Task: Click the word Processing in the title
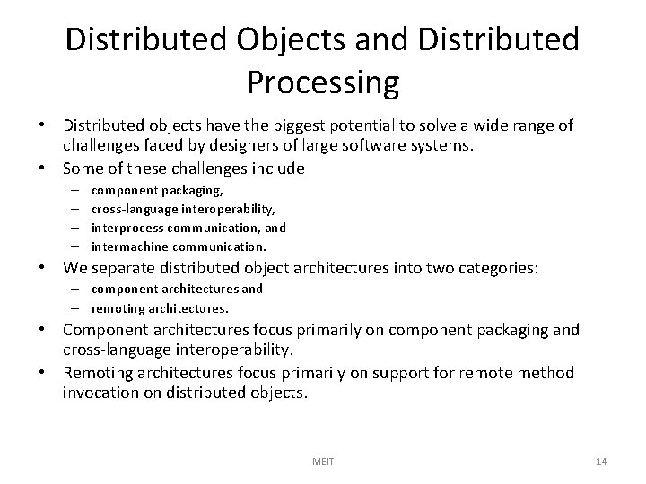click(x=322, y=82)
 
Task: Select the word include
click(x=278, y=168)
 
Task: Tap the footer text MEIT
click(x=322, y=461)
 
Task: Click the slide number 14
click(x=601, y=461)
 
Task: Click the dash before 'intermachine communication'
click(x=72, y=246)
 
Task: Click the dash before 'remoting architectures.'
click(x=72, y=307)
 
